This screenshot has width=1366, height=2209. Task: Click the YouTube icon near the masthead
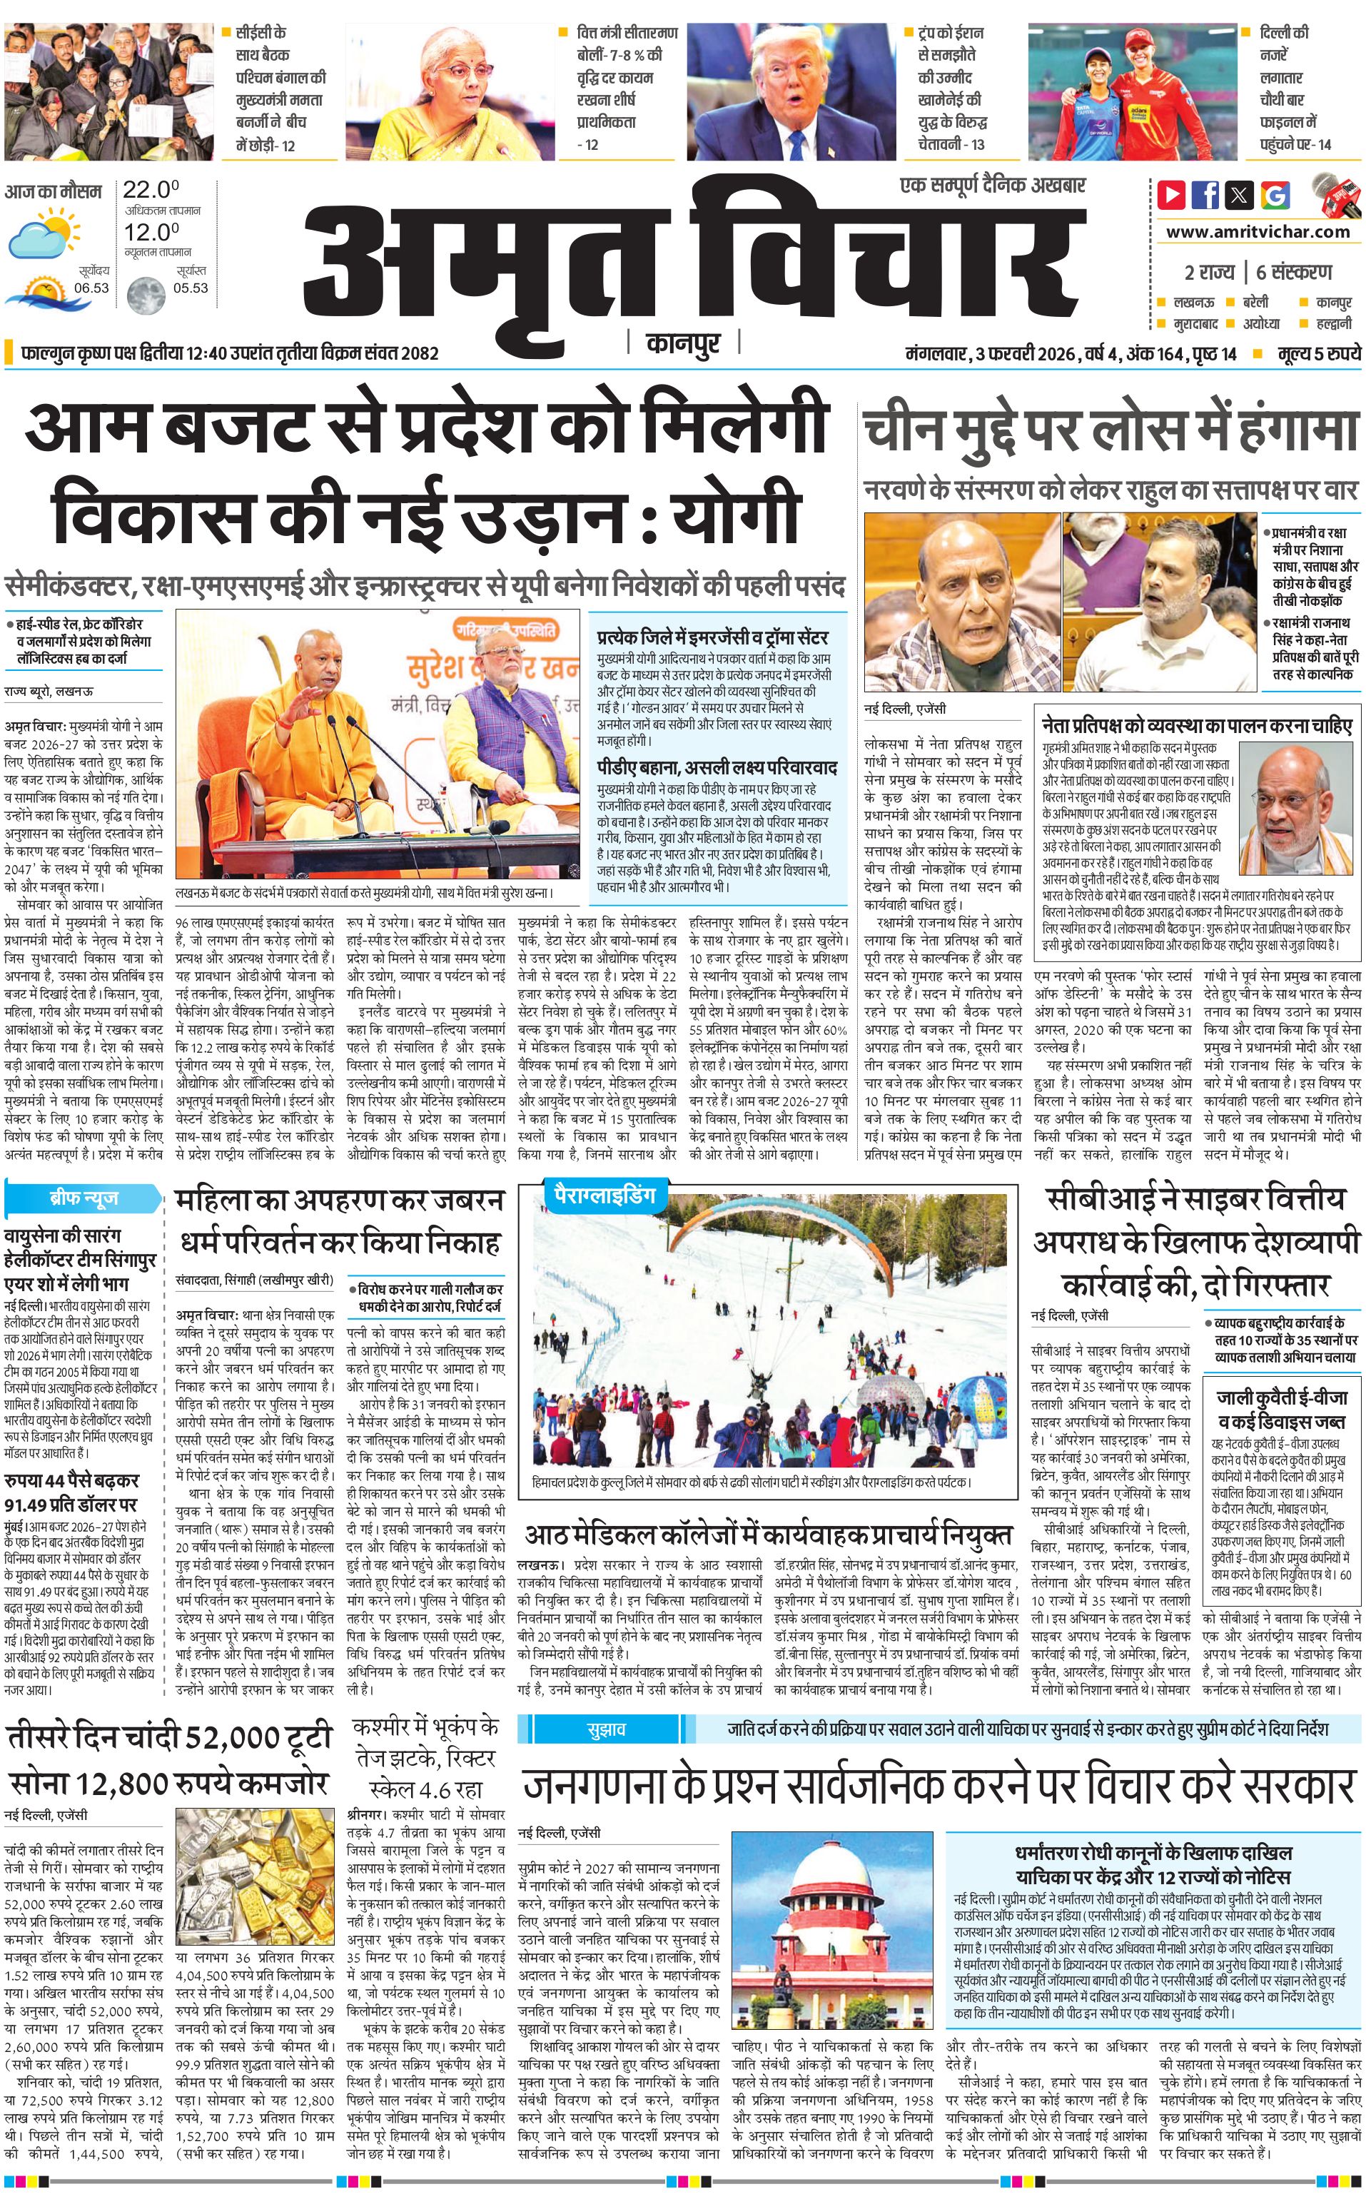(x=1172, y=194)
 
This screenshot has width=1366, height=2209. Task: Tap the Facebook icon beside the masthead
(x=1206, y=194)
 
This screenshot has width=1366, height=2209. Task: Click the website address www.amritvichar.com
(x=1258, y=231)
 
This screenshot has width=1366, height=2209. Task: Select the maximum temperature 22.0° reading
(x=150, y=190)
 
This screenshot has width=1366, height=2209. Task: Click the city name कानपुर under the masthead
(x=683, y=343)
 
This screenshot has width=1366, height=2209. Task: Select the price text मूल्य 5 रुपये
(x=1318, y=353)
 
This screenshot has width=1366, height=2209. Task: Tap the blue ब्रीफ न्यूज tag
(x=83, y=1199)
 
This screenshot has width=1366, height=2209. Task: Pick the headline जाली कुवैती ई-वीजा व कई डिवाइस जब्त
(x=1281, y=1407)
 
